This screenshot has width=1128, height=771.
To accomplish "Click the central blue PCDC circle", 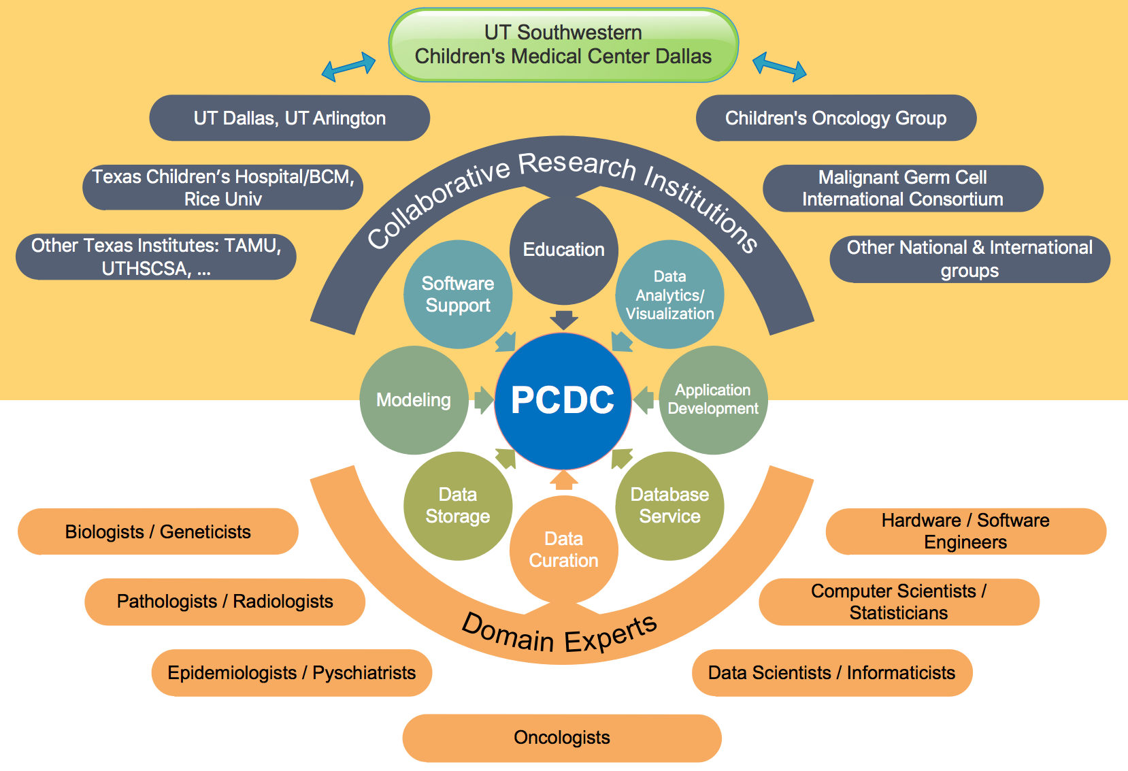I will pos(563,400).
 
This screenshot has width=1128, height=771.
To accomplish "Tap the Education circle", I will pos(563,250).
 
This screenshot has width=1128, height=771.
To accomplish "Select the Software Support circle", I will pos(458,294).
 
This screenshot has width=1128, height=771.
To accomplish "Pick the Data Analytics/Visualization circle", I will pos(669,295).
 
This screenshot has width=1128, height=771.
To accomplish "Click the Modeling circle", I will pos(414,400).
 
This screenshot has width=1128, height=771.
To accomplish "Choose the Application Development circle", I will pos(713,399).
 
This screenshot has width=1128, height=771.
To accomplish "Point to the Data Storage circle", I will pos(458,506).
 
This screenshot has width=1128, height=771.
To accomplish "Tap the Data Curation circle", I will pos(563,550).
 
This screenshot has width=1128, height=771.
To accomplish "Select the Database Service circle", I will pos(669,506).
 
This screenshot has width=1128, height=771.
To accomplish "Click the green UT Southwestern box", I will pos(563,45).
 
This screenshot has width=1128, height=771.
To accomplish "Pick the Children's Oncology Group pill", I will pos(835,118).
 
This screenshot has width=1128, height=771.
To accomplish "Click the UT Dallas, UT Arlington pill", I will pos(289,118).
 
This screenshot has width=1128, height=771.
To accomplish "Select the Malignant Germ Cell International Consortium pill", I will pos(902,188).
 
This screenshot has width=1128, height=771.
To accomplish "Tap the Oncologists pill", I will pos(562,738).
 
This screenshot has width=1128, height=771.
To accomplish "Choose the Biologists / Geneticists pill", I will pos(158,531).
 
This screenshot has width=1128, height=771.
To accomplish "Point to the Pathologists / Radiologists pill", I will pos(225,602).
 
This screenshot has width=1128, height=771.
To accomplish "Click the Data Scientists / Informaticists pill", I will pos(831,673).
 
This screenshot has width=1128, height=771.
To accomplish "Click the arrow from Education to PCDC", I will pos(563,320).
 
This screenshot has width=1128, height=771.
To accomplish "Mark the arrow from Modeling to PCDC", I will pos(483,400).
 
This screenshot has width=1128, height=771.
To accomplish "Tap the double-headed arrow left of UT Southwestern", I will pos(348,67).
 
